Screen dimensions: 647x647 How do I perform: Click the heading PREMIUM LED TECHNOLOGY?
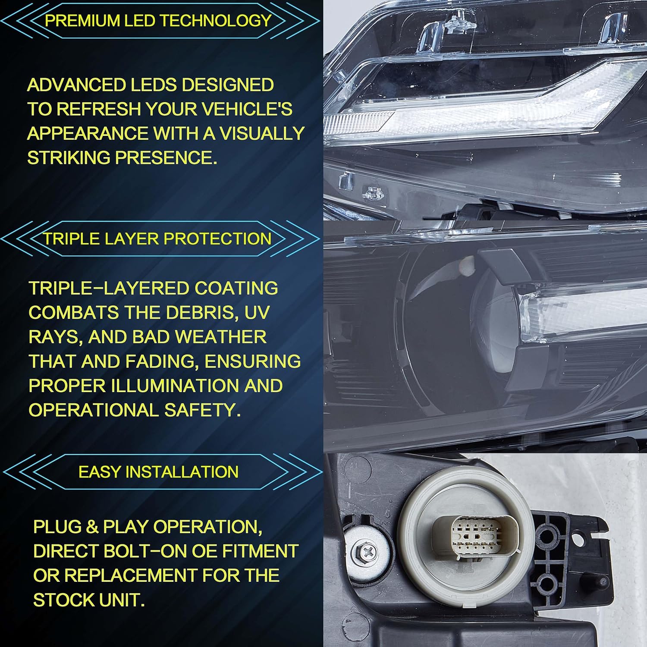point(158,21)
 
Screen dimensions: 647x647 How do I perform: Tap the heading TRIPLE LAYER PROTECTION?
point(158,239)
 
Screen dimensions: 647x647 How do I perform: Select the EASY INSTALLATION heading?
point(158,472)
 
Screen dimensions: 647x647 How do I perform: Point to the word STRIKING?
point(69,158)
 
